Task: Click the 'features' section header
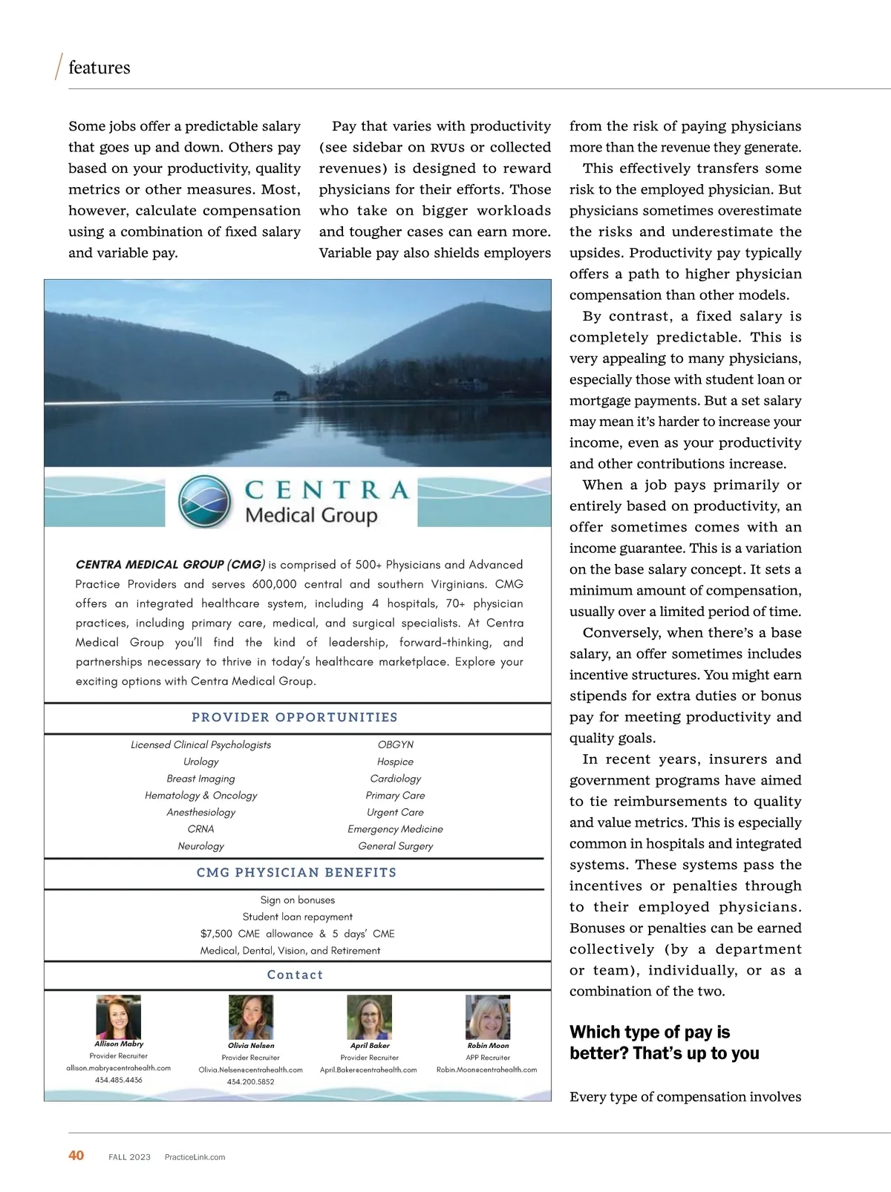point(99,68)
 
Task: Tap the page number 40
point(76,1155)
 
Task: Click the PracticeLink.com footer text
point(195,1156)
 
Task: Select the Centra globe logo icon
point(205,502)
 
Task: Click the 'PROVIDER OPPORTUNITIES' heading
point(295,717)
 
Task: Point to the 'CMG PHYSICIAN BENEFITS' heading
point(296,872)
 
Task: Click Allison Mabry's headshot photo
point(118,1017)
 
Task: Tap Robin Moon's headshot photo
point(488,1017)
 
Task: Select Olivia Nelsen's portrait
point(251,1017)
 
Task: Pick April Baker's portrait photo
point(369,1017)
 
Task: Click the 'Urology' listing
point(201,762)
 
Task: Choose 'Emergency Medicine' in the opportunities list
point(395,829)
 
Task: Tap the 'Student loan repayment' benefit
point(298,917)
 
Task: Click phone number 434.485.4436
point(119,1080)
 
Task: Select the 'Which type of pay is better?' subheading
point(664,1042)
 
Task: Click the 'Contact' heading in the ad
point(295,975)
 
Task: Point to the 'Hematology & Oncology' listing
point(201,795)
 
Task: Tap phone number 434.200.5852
point(251,1081)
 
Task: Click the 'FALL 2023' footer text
point(129,1156)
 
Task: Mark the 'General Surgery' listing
point(395,846)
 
